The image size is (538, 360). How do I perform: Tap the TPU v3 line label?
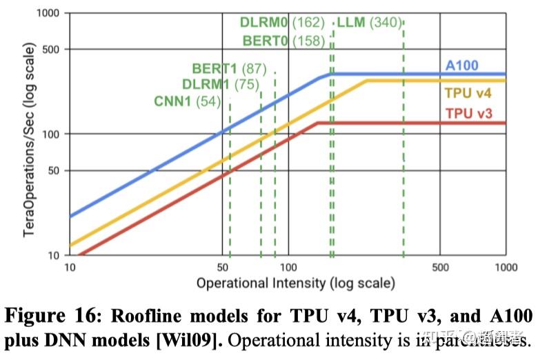click(468, 113)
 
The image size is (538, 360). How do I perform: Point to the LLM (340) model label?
click(368, 23)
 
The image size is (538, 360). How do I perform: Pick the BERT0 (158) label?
click(283, 41)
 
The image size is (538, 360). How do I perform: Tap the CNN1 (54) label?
click(187, 102)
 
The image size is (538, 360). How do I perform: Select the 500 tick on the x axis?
click(440, 267)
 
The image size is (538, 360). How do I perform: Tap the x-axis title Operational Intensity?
click(295, 283)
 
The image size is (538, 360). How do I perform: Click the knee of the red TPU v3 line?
click(317, 123)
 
